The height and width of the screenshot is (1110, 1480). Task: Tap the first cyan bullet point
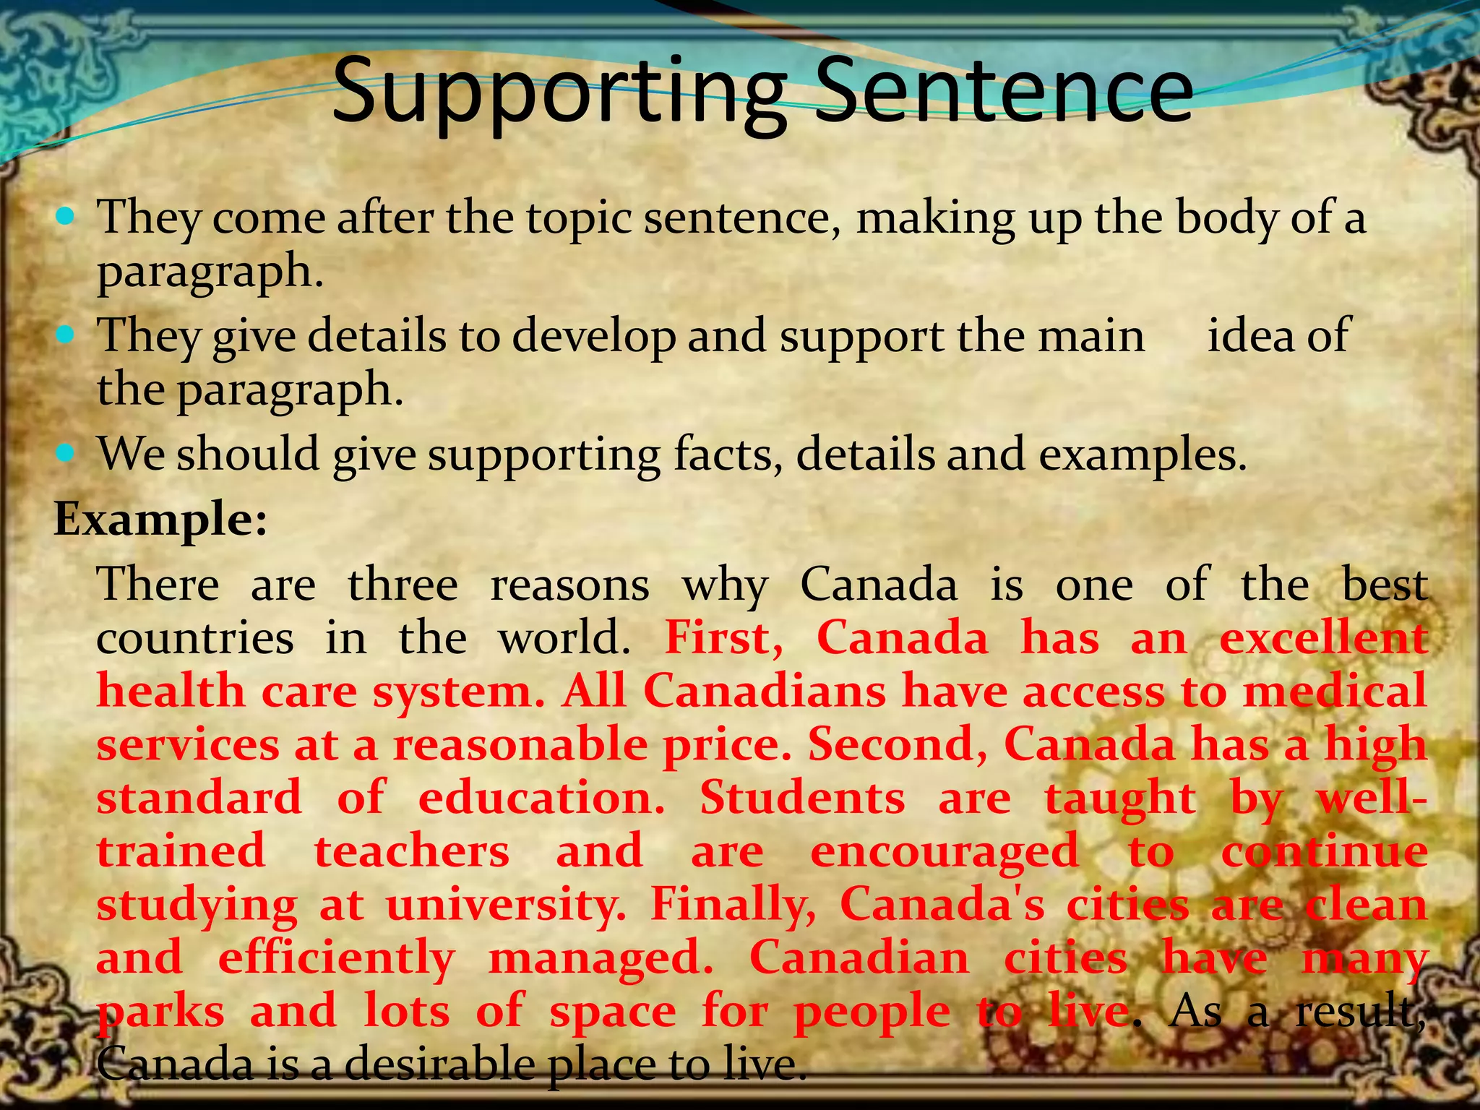(x=65, y=215)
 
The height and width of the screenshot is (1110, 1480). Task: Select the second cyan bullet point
(x=65, y=334)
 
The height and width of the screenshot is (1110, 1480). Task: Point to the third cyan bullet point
(x=65, y=453)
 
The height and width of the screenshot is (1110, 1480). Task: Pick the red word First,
(x=723, y=638)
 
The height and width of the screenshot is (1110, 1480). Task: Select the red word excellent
(x=1323, y=638)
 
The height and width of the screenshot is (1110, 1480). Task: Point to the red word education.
(x=541, y=798)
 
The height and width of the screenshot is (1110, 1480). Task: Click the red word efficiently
(x=336, y=958)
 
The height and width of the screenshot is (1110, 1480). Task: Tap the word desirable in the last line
(x=441, y=1064)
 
